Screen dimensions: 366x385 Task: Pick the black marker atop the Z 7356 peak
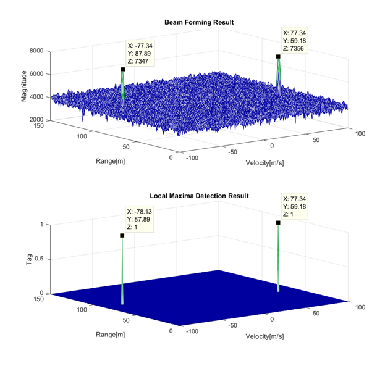point(278,57)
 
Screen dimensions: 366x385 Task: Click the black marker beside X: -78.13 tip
point(122,235)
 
